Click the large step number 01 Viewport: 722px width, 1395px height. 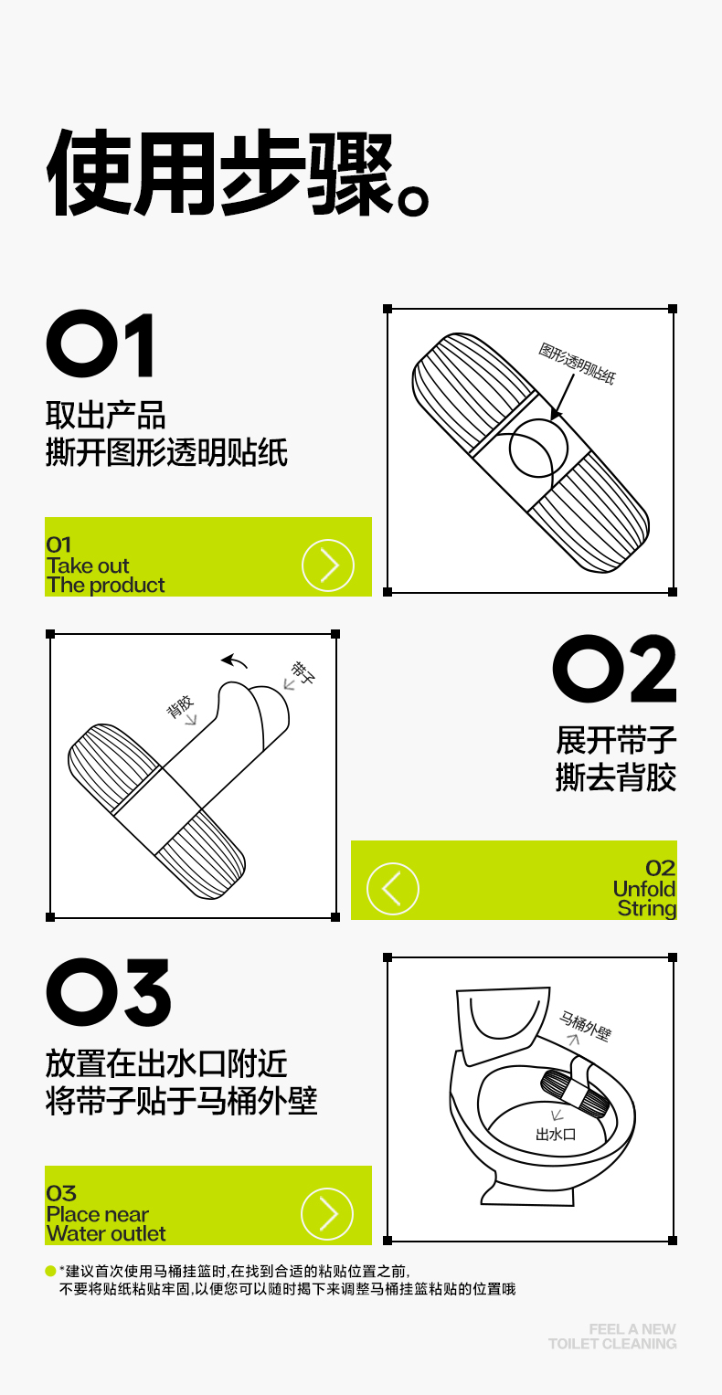(x=100, y=343)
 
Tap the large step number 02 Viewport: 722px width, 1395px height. (x=614, y=669)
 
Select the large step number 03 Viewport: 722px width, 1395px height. (x=109, y=992)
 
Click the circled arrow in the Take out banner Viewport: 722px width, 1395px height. (x=328, y=565)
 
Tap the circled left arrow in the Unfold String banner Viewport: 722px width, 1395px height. (x=392, y=889)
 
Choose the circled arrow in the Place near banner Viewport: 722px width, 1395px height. (x=327, y=1214)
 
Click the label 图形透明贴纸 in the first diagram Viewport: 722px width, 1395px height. (x=578, y=363)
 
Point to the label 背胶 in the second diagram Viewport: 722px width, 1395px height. (x=179, y=707)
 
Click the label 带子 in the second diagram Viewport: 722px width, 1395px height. (x=303, y=672)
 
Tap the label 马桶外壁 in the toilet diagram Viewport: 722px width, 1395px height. (x=585, y=1026)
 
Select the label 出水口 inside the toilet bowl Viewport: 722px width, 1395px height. (x=556, y=1134)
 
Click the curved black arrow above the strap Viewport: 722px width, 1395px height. (x=234, y=661)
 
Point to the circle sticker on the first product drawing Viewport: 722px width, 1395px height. (x=539, y=448)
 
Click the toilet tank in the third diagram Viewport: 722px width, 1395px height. (x=502, y=1023)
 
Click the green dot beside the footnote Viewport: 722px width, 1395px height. (x=50, y=1271)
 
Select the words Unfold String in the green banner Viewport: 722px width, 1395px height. (x=645, y=899)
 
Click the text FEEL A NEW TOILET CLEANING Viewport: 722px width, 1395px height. (x=612, y=1337)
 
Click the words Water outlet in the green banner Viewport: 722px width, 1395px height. (x=106, y=1233)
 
